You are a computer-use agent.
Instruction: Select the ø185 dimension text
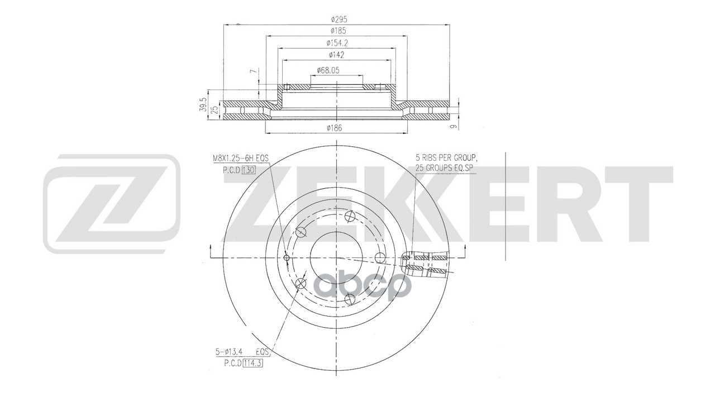coord(336,30)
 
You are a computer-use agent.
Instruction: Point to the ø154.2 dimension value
coord(336,42)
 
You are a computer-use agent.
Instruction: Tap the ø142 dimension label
coord(336,54)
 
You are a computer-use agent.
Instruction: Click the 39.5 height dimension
coord(204,104)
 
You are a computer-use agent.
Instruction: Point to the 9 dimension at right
coord(454,126)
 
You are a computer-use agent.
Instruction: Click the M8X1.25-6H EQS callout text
coord(241,159)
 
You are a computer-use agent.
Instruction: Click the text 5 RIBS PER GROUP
coord(445,158)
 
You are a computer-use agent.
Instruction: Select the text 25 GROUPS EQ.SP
coord(445,167)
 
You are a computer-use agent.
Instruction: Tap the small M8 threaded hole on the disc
coord(287,257)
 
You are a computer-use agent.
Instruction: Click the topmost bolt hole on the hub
coord(350,217)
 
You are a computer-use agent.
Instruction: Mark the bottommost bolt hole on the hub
coord(350,298)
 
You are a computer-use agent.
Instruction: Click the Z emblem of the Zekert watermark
coord(112,204)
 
